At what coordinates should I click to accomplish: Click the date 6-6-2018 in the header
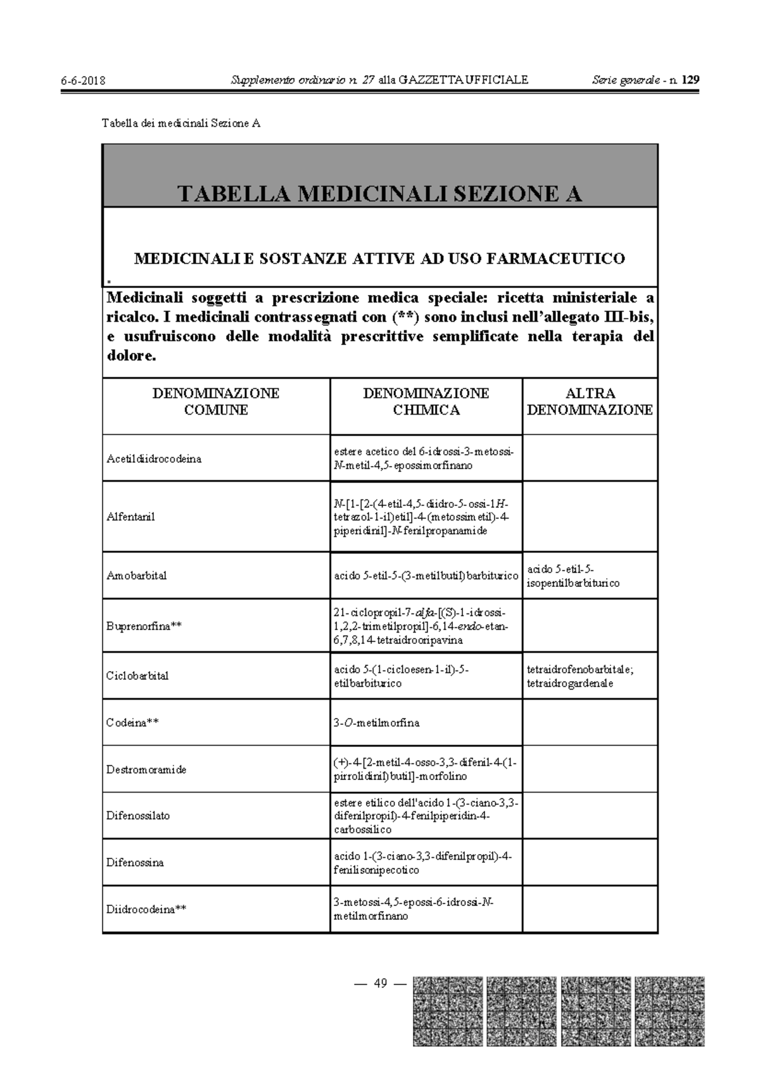coord(83,80)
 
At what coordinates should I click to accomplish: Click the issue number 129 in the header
coord(691,80)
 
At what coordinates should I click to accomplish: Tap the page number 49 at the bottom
coord(381,983)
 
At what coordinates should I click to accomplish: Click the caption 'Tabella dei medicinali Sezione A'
coord(181,123)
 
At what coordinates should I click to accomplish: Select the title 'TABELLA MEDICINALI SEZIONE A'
coord(379,194)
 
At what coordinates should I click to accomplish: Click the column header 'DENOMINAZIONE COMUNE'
coord(215,401)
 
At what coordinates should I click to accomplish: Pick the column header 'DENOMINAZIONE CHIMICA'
coord(426,401)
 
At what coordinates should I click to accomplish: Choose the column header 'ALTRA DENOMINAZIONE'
coord(590,401)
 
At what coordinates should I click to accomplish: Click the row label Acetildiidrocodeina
coord(154,459)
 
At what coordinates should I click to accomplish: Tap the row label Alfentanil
coord(130,517)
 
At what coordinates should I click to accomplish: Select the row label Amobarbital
coord(137,576)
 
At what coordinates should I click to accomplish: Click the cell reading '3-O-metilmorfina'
coord(377,722)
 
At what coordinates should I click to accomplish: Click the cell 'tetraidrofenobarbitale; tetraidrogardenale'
coord(579,676)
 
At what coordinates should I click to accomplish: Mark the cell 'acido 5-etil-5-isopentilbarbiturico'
coord(573,576)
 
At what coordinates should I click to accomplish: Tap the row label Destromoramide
coord(146,770)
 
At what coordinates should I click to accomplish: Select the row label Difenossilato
coord(138,815)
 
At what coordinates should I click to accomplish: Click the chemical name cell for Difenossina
coord(422,863)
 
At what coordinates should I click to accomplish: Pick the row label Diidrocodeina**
coord(146,910)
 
